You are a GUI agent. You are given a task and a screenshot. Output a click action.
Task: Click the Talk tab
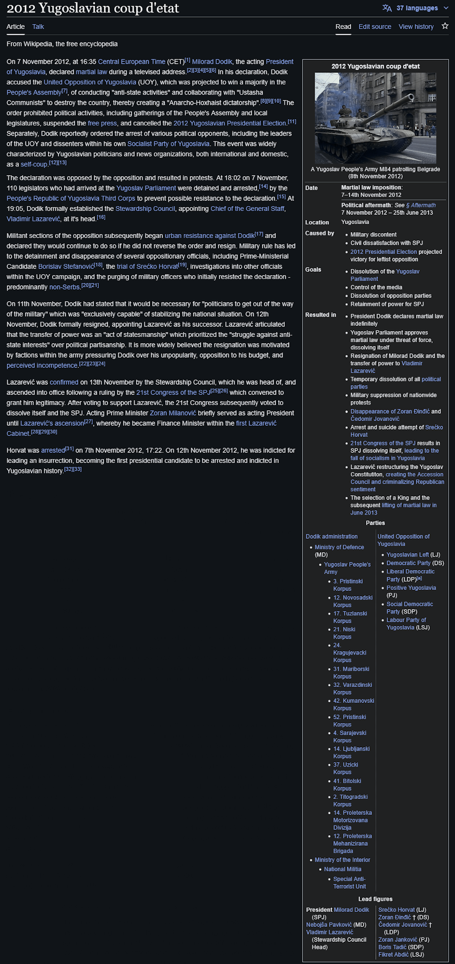[x=38, y=27]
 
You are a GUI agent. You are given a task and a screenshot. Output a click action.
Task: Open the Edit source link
[x=374, y=27]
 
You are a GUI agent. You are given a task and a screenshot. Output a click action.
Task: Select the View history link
[x=416, y=27]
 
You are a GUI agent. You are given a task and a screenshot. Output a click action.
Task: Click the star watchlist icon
[x=445, y=26]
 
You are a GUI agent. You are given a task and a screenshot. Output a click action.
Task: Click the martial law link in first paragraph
[x=91, y=72]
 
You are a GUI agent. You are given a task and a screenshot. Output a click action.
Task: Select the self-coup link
[x=34, y=165]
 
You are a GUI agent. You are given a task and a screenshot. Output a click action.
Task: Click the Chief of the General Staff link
[x=248, y=209]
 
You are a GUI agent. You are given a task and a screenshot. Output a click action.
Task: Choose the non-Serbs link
[x=64, y=287]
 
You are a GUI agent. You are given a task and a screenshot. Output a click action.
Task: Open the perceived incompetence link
[x=42, y=366]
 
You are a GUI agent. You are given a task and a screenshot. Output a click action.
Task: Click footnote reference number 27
[x=88, y=421]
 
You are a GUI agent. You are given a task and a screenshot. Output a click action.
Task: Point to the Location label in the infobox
[x=317, y=223]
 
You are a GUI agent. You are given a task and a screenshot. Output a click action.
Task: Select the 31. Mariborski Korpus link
[x=351, y=672]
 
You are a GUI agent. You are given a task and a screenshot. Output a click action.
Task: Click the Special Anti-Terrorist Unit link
[x=349, y=882]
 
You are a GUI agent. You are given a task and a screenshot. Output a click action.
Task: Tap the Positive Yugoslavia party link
[x=411, y=588]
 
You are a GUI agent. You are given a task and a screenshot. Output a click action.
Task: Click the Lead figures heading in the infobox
[x=375, y=899]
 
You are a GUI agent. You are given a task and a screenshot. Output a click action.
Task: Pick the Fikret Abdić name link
[x=393, y=954]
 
